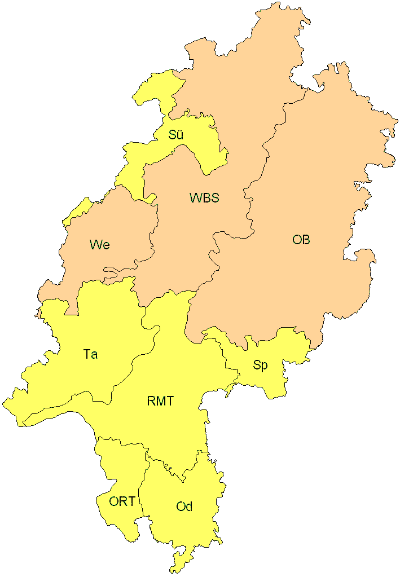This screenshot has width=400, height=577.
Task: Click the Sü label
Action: coord(176,135)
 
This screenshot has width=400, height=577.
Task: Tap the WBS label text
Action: coord(204,198)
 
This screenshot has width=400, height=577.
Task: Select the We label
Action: coord(99,245)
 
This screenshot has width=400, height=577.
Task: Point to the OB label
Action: coord(301,240)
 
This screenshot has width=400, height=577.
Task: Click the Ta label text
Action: coord(90,354)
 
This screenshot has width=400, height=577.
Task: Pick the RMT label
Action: coord(160,402)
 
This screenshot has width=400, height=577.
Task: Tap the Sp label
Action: coord(260,365)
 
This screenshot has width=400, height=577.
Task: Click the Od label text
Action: coord(184,506)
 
